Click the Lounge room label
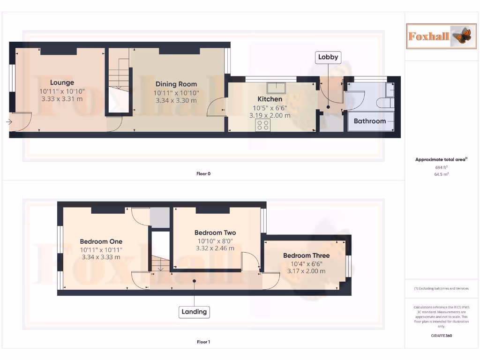(x=62, y=82)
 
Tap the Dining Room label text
(x=176, y=84)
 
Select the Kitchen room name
(x=270, y=99)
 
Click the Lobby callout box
(x=328, y=57)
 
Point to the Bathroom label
(x=369, y=121)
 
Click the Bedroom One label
(x=101, y=241)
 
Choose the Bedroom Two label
(x=215, y=232)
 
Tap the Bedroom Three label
(x=306, y=255)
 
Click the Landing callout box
(x=194, y=312)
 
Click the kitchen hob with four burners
(x=262, y=125)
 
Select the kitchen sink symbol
(x=277, y=88)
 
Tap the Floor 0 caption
(x=203, y=173)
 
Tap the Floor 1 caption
(x=203, y=342)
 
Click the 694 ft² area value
(x=441, y=167)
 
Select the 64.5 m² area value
(x=441, y=174)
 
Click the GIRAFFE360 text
(x=441, y=336)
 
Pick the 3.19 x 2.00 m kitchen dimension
(x=270, y=115)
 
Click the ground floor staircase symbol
(x=119, y=75)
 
